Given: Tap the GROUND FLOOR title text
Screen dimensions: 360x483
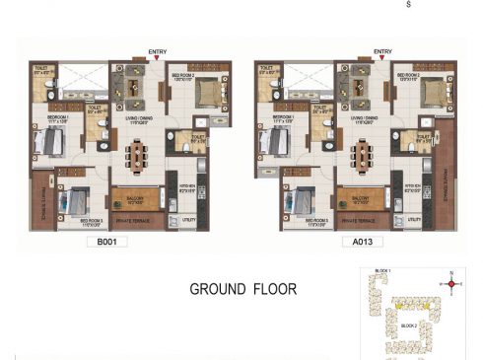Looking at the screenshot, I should point(243,290).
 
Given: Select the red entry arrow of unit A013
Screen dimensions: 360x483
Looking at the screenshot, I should point(383,58).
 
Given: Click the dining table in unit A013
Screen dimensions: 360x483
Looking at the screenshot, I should point(365,155).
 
